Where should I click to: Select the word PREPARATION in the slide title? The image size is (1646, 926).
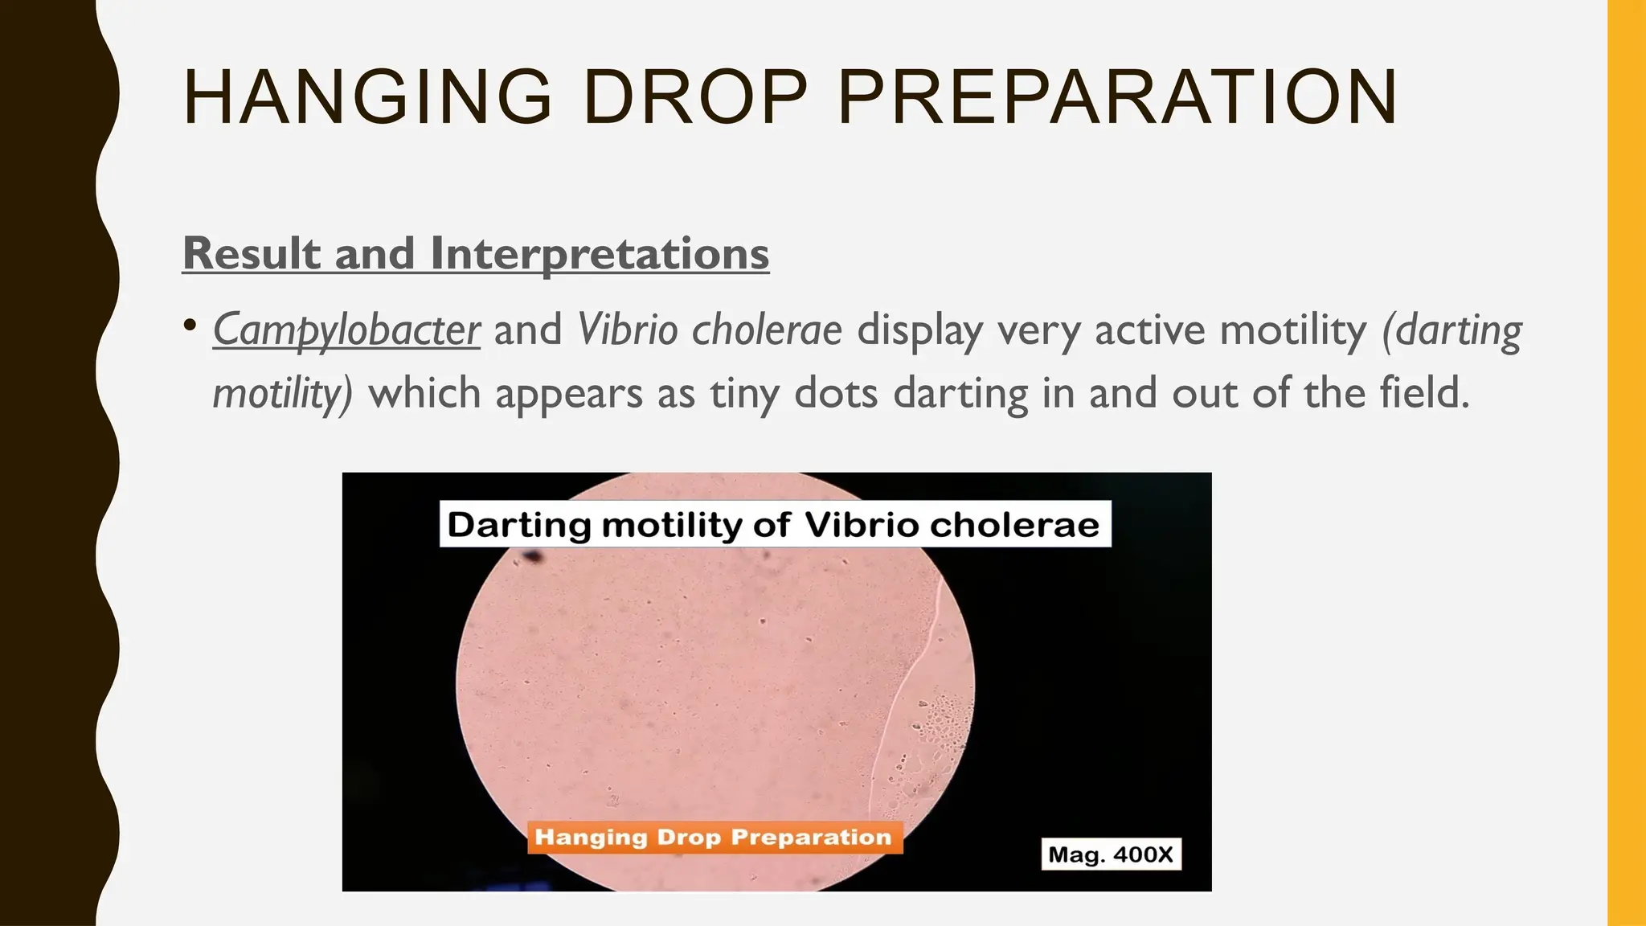click(x=1117, y=97)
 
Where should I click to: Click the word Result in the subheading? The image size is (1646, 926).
click(x=252, y=253)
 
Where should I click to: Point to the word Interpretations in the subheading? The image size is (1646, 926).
click(x=600, y=253)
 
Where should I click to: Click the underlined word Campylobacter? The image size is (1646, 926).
click(x=346, y=330)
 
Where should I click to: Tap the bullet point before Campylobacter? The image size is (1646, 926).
click(x=190, y=326)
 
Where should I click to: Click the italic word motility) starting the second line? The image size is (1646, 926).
click(x=282, y=394)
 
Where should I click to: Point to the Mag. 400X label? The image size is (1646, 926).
click(x=1111, y=854)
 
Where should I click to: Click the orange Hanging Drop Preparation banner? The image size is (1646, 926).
click(x=714, y=838)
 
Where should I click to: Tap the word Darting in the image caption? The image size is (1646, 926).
click(x=519, y=525)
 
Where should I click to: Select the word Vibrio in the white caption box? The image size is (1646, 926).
click(x=862, y=525)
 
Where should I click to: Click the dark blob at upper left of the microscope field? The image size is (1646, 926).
click(x=533, y=556)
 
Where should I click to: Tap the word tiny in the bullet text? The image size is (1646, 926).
click(x=744, y=394)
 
